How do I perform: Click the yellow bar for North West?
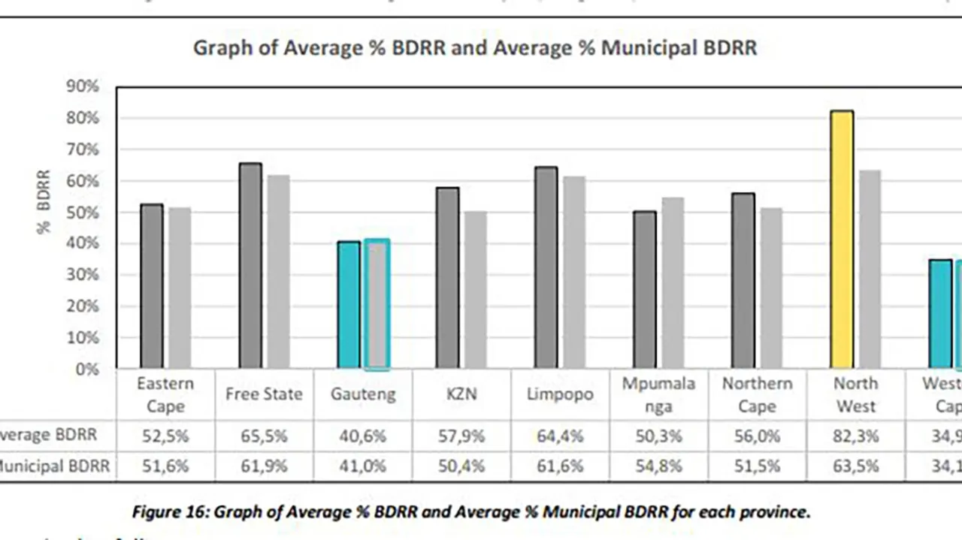click(x=842, y=240)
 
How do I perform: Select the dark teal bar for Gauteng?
click(x=349, y=305)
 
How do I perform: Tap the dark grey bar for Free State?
click(x=250, y=266)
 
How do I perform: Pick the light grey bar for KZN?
click(x=475, y=290)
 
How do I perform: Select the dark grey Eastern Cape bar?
click(x=151, y=286)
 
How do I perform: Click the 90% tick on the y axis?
click(x=83, y=86)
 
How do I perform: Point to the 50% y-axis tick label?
click(x=83, y=213)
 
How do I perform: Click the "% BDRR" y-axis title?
click(x=44, y=201)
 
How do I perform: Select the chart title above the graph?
click(x=475, y=48)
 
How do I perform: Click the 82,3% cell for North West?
click(x=855, y=436)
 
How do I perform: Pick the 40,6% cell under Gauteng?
click(x=362, y=436)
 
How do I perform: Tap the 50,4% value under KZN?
click(x=461, y=466)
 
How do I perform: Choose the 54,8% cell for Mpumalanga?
click(x=658, y=466)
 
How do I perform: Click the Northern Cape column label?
click(x=757, y=395)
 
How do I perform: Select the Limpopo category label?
click(x=559, y=394)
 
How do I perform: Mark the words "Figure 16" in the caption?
click(x=170, y=512)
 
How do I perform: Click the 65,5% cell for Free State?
click(x=264, y=436)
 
